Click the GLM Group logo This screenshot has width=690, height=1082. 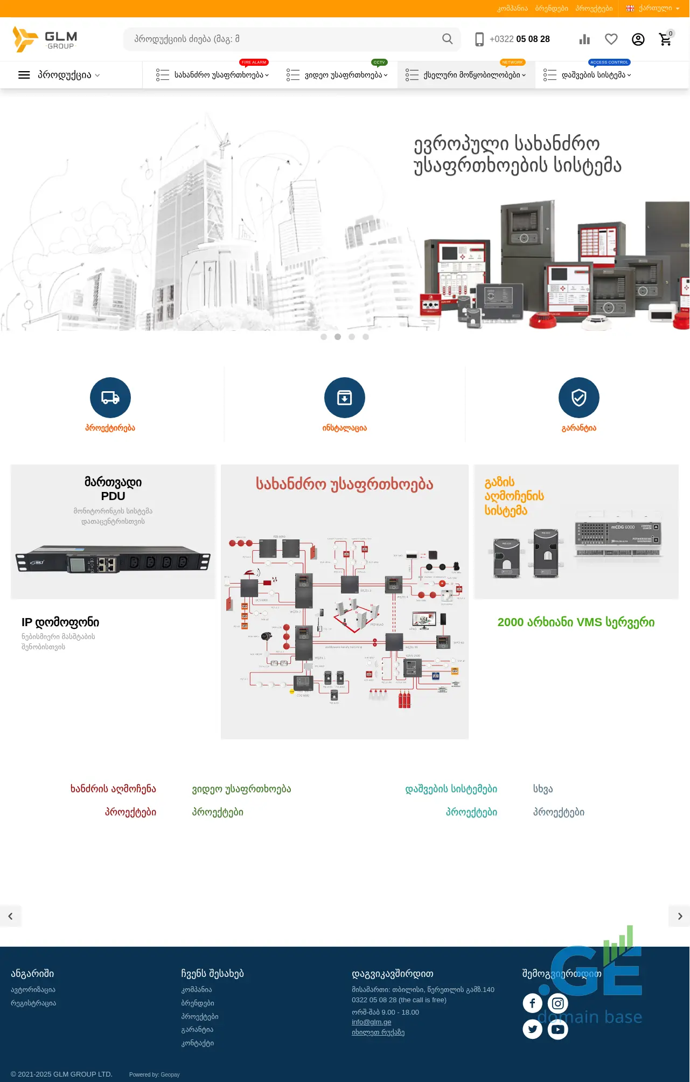[x=45, y=39]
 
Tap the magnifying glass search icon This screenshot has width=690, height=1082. [x=447, y=39]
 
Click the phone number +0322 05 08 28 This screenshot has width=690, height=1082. [x=519, y=39]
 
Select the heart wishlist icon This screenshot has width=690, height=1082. [x=611, y=39]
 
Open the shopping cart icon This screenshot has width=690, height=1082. [x=665, y=39]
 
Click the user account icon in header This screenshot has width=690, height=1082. [x=638, y=39]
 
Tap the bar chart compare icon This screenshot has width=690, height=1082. [x=584, y=39]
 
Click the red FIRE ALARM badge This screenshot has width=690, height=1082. [x=254, y=63]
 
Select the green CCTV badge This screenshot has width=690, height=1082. [x=379, y=63]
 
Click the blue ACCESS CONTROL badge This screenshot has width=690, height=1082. [x=609, y=63]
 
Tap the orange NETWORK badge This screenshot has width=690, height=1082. [x=512, y=63]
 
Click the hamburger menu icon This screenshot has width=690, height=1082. [x=24, y=75]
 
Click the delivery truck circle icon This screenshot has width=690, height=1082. [x=110, y=398]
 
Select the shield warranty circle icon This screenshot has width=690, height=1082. [x=579, y=398]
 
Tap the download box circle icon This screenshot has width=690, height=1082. [x=345, y=398]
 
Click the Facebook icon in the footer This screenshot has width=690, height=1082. [x=532, y=1003]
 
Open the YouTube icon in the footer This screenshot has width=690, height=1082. [x=558, y=1030]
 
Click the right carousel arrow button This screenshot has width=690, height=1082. [x=680, y=916]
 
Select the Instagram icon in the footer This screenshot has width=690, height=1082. [x=558, y=1003]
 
